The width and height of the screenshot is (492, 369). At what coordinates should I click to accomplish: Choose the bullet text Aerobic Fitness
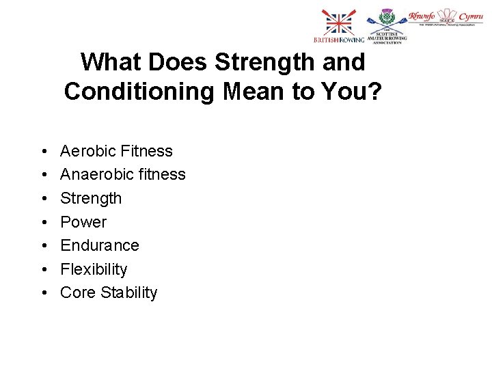[116, 151]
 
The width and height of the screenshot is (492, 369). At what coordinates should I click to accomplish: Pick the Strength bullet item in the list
[91, 198]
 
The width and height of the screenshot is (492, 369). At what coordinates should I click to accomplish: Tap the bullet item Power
[83, 222]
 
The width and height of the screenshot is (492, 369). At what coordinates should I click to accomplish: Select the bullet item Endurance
[99, 245]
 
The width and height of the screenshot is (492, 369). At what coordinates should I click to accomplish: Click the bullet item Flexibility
[94, 269]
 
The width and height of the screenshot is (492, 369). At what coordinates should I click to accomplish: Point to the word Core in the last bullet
[77, 292]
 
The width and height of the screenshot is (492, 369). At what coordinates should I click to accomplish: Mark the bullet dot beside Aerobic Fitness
[43, 152]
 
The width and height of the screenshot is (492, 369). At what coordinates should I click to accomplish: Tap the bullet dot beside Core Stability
[43, 293]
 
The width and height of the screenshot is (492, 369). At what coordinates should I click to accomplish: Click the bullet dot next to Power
[43, 223]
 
